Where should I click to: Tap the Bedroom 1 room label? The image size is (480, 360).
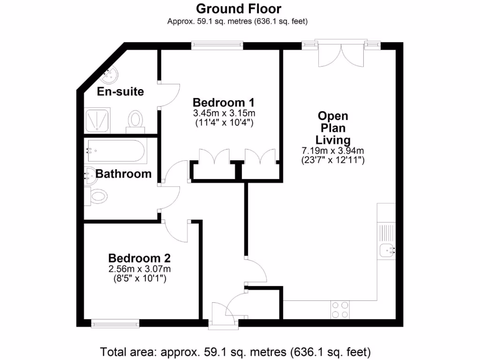click(x=224, y=102)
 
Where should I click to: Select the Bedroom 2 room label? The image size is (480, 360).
click(x=139, y=258)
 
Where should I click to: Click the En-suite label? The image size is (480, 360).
click(x=120, y=91)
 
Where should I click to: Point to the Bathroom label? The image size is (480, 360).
click(x=123, y=174)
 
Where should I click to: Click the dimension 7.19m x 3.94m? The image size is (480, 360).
click(x=333, y=151)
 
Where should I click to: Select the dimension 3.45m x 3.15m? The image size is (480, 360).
click(x=224, y=114)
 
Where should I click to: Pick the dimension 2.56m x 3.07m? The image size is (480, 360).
click(x=139, y=269)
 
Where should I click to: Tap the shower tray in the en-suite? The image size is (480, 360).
click(x=97, y=120)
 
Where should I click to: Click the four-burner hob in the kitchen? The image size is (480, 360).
click(x=340, y=309)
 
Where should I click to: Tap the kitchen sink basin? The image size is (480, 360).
click(x=388, y=251)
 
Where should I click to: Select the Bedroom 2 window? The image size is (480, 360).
click(x=115, y=322)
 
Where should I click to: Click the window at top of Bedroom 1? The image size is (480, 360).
click(x=217, y=45)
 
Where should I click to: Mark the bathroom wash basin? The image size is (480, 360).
click(x=89, y=175)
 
